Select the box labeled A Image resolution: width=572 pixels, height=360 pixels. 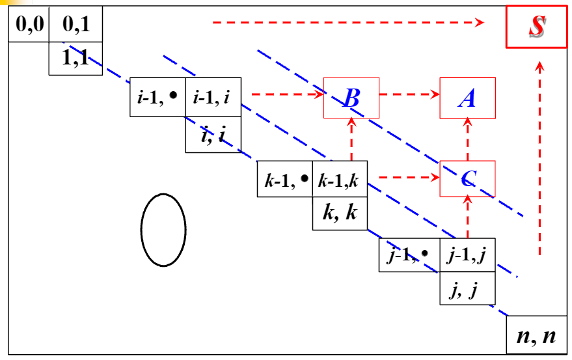point(467,98)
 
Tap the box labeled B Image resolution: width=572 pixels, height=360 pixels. point(351,98)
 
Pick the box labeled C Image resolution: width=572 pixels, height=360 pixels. point(467,178)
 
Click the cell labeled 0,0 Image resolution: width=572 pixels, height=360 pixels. point(29,27)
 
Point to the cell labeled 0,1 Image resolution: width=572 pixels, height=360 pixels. point(75,27)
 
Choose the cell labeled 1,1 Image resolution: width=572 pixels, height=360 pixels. point(75,59)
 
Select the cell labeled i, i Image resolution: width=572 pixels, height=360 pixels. point(213,135)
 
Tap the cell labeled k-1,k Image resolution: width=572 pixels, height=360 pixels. point(340,178)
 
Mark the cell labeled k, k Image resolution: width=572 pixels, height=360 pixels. point(340,213)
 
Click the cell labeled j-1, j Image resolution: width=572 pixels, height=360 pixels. point(467,255)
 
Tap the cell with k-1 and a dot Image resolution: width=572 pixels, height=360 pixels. point(285,178)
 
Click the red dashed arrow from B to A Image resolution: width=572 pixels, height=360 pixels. point(409,95)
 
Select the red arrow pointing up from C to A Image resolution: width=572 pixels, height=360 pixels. point(467,139)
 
